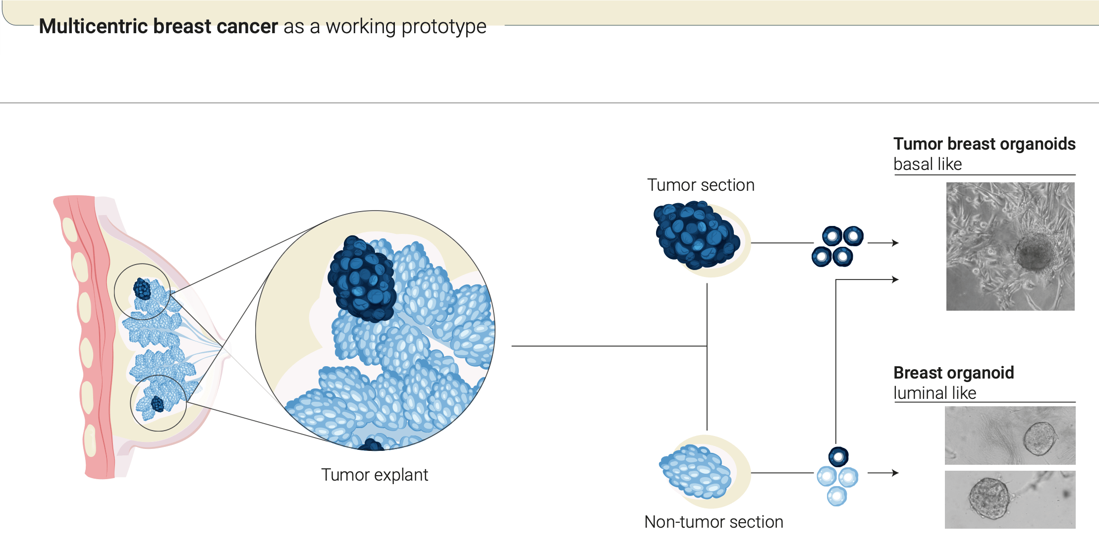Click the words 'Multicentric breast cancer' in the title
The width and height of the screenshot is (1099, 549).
(159, 26)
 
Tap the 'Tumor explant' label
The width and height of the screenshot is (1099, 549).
(375, 475)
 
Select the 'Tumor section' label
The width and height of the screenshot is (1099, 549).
(701, 185)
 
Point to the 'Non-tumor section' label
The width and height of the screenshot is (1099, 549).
(714, 522)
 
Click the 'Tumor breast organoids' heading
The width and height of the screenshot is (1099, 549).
(984, 144)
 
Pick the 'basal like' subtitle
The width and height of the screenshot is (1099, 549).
(928, 164)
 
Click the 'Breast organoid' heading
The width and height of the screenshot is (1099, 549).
(954, 373)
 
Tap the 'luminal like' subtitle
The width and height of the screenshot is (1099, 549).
(934, 393)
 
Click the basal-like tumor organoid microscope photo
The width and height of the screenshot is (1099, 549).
(1010, 246)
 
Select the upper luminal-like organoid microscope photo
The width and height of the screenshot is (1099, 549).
(1010, 435)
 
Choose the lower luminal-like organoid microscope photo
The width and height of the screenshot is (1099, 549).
(1010, 499)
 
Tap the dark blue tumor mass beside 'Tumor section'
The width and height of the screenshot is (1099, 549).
(697, 234)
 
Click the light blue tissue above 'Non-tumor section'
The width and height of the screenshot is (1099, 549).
(695, 471)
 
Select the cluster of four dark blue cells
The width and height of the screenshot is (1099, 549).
(837, 246)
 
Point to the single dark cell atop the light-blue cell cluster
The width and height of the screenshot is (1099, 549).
(838, 457)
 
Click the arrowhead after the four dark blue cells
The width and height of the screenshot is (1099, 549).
(895, 243)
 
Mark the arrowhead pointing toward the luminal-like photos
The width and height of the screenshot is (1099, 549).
(895, 473)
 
